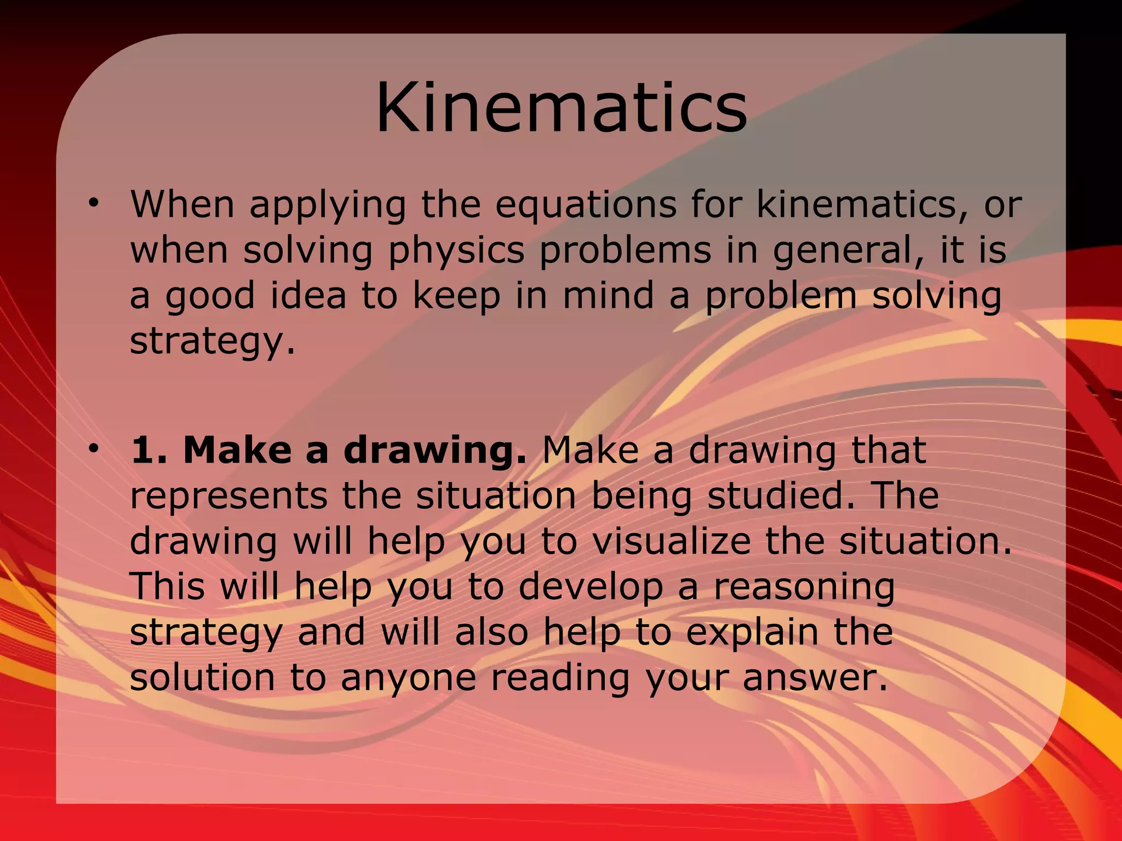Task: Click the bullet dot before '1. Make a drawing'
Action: tap(94, 448)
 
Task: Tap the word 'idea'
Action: tap(308, 296)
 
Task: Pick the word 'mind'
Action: tap(608, 296)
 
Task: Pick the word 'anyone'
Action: tap(408, 679)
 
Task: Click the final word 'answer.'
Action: tap(815, 679)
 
